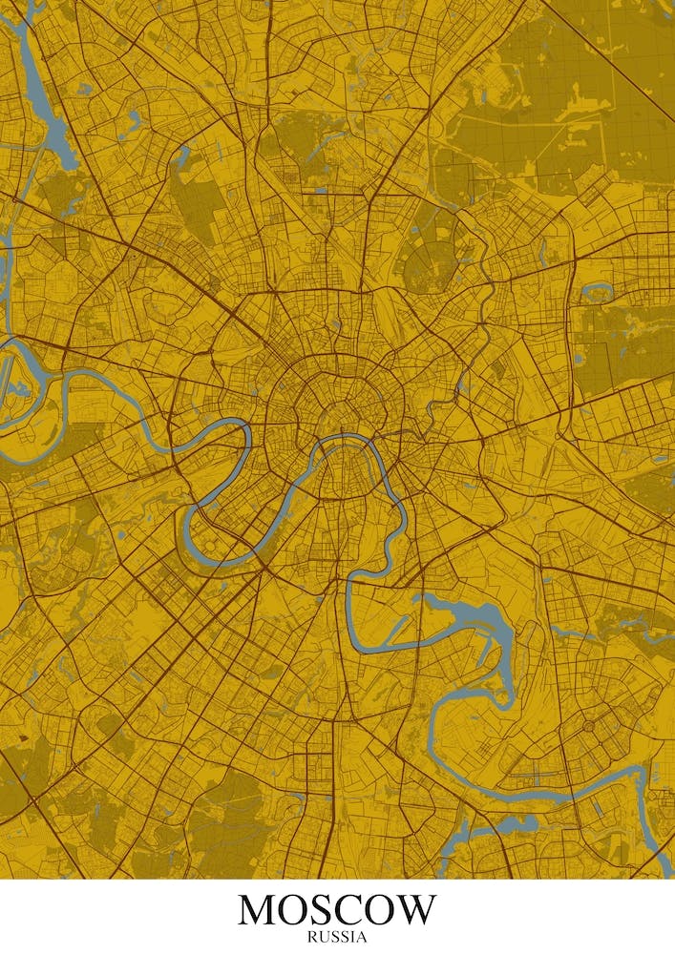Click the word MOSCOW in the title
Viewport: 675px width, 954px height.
[x=337, y=910]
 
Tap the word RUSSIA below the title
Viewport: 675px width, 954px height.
[x=337, y=937]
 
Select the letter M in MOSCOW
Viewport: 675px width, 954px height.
[x=260, y=910]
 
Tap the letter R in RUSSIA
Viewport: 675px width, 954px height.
[x=311, y=937]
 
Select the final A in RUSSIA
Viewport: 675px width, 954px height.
[x=362, y=937]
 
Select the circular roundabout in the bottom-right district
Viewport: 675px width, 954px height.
[x=586, y=727]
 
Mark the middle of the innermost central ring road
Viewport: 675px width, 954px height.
[x=335, y=405]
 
